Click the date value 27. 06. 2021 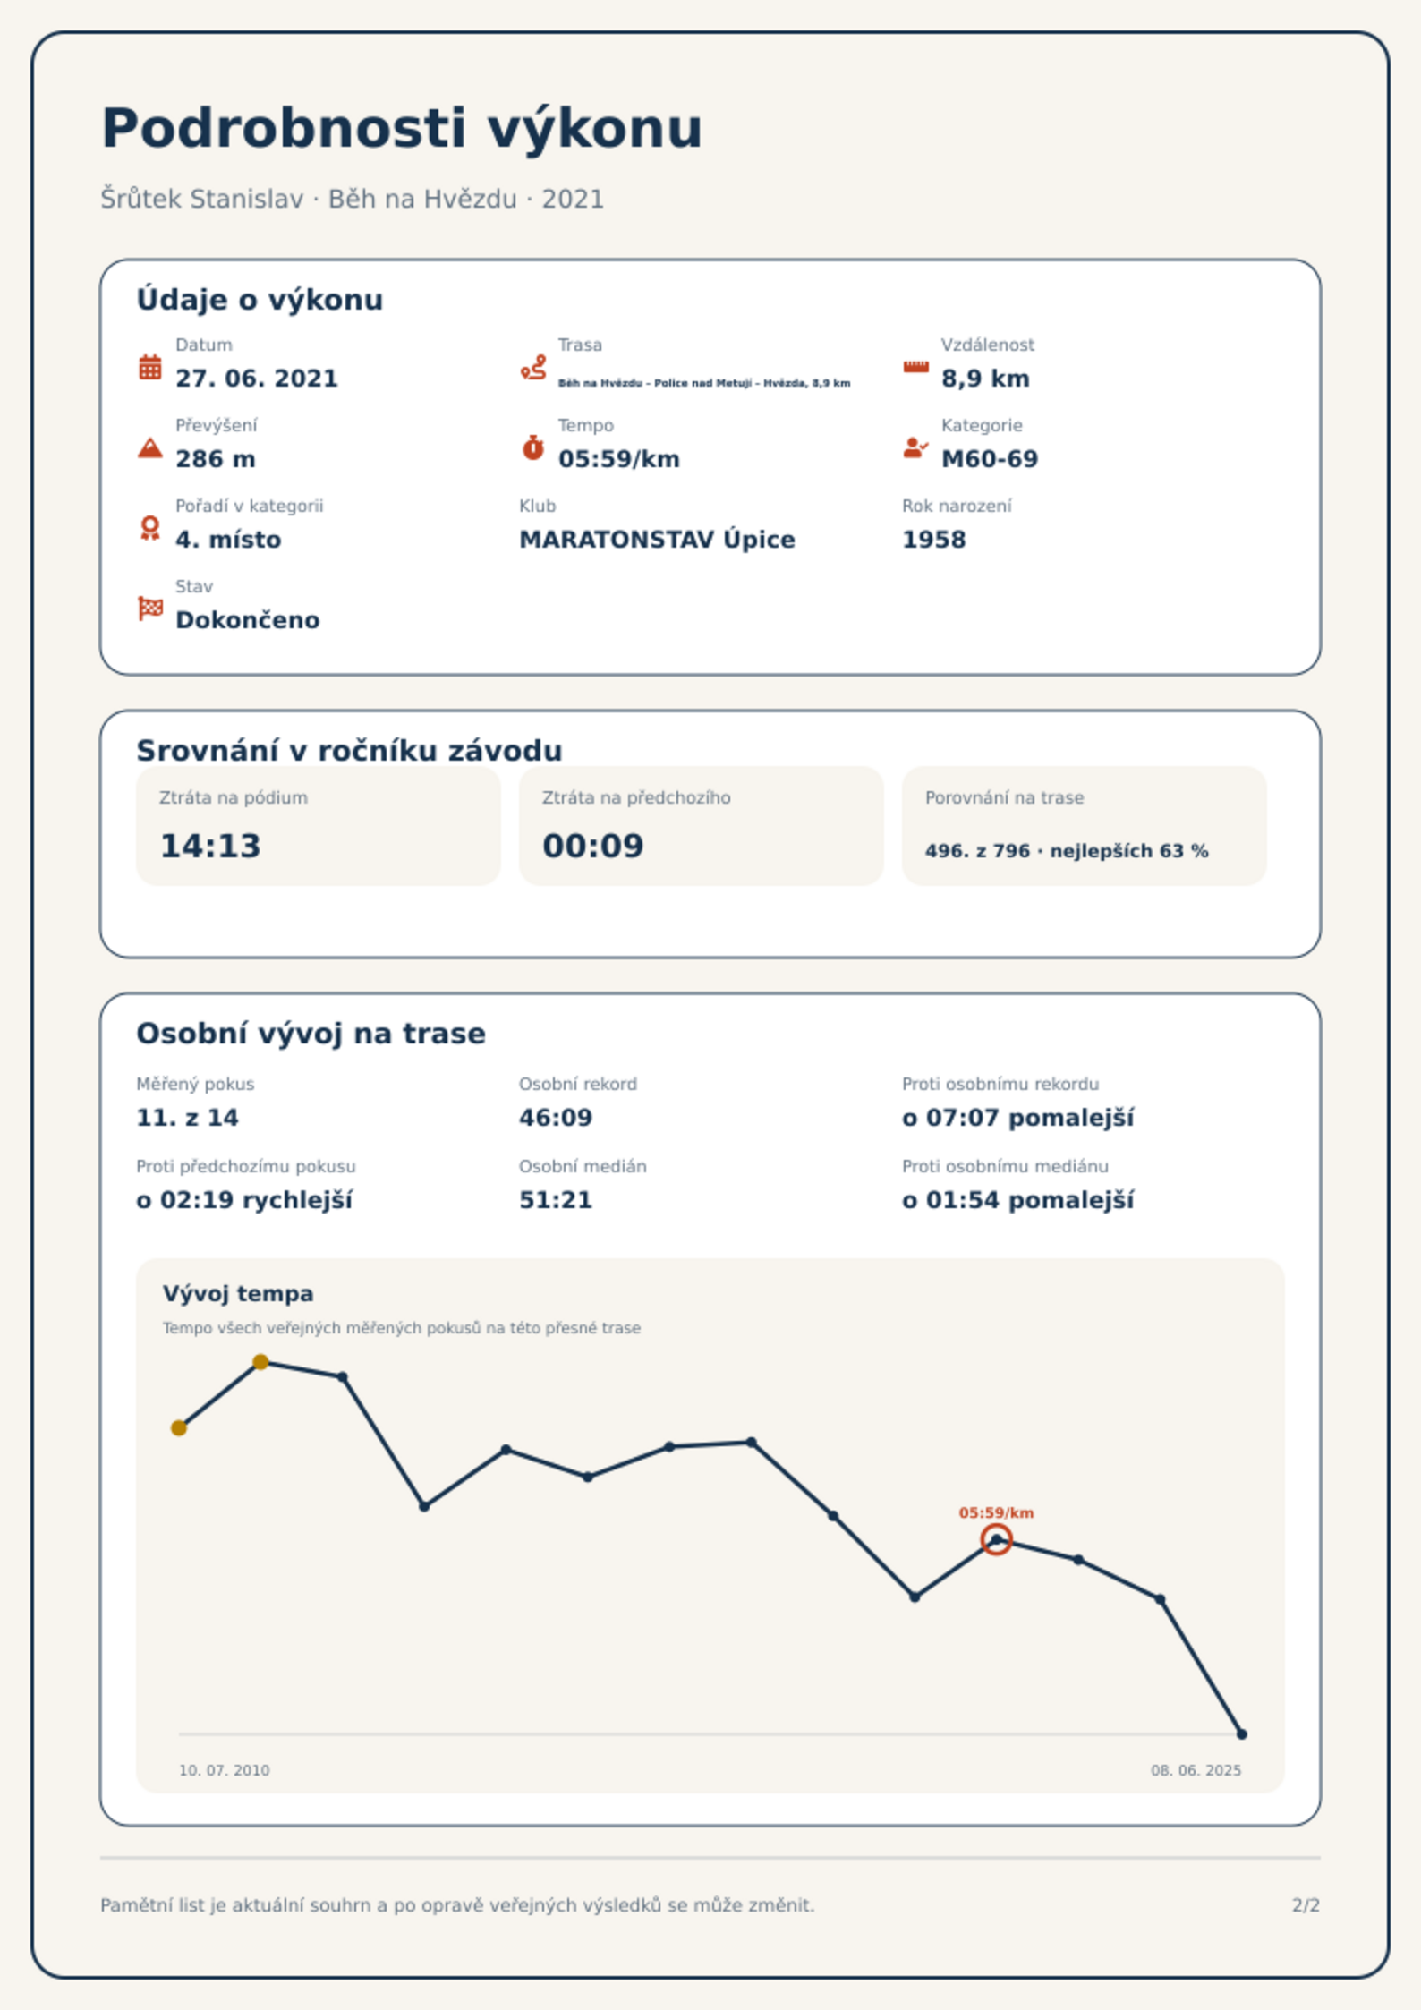pyautogui.click(x=257, y=379)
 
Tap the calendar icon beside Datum pyautogui.click(x=150, y=367)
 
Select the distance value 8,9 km pyautogui.click(x=985, y=379)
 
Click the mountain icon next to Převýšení pyautogui.click(x=150, y=447)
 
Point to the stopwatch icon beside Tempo pyautogui.click(x=533, y=447)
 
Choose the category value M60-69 pyautogui.click(x=990, y=459)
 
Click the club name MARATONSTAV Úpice pyautogui.click(x=657, y=540)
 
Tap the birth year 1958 pyautogui.click(x=934, y=540)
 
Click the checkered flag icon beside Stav pyautogui.click(x=150, y=609)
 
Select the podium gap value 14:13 pyautogui.click(x=210, y=846)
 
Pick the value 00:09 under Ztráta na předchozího pyautogui.click(x=593, y=846)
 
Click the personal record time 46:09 pyautogui.click(x=556, y=1118)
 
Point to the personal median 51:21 pyautogui.click(x=556, y=1200)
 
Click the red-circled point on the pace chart pyautogui.click(x=996, y=1540)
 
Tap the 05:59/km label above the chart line pyautogui.click(x=996, y=1512)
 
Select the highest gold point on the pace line pyautogui.click(x=260, y=1362)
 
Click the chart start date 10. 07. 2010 pyautogui.click(x=224, y=1770)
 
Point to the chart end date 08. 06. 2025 pyautogui.click(x=1196, y=1770)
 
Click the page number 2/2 pyautogui.click(x=1306, y=1905)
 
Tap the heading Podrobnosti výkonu pyautogui.click(x=402, y=128)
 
